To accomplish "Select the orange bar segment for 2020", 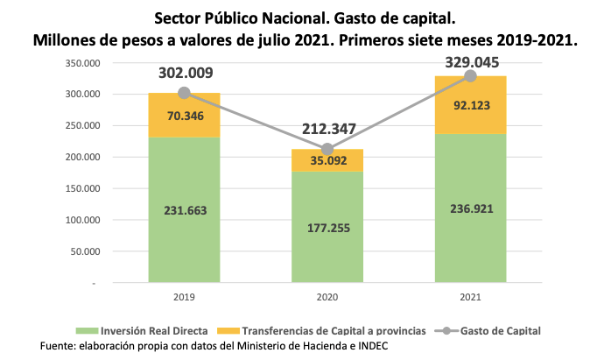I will click(x=327, y=160).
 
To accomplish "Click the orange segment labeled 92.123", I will click(x=470, y=105).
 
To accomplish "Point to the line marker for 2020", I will click(x=327, y=150).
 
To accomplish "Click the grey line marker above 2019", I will click(x=184, y=93).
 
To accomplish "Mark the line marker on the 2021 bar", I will click(x=470, y=76).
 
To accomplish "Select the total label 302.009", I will click(x=184, y=74).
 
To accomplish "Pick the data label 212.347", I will click(x=327, y=130).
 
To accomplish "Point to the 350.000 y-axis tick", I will click(x=81, y=63).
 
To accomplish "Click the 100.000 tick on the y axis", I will click(x=81, y=221).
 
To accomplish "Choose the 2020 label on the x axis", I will click(x=327, y=297).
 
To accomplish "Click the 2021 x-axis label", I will click(x=470, y=297).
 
